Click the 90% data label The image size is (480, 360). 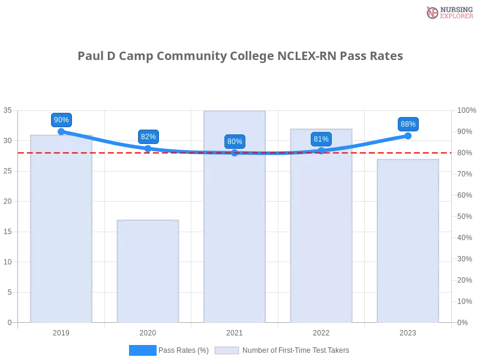coord(61,120)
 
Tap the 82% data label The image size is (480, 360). coord(148,137)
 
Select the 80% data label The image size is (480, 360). coord(235,142)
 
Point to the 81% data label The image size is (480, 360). coord(321,139)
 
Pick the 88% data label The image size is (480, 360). coord(408,124)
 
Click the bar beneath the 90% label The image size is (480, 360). coord(62,228)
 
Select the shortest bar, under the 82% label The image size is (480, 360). coord(148,270)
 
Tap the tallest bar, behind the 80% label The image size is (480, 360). coord(235,240)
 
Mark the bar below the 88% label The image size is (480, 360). coord(408,240)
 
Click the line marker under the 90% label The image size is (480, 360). coord(61,131)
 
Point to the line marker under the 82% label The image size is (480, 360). coord(148,148)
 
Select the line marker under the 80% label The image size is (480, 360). coord(235,152)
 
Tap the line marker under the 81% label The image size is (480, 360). coord(321,150)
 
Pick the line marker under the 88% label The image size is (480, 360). coord(408,136)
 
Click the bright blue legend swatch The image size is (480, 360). coord(143,350)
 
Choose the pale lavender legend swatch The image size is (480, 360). coord(227,350)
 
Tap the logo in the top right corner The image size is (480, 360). coord(448,12)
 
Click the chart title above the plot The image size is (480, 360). coord(240,56)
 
